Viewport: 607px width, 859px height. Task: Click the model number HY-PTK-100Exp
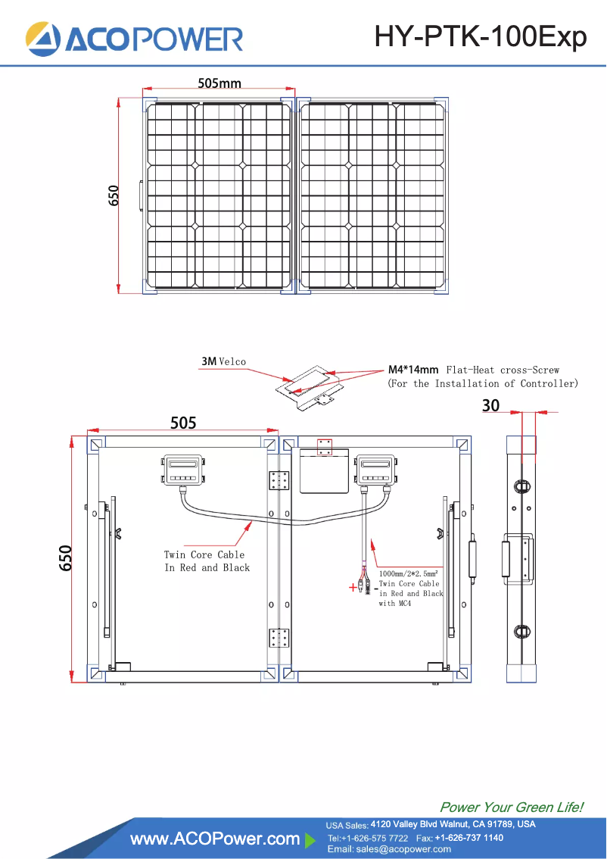pos(481,36)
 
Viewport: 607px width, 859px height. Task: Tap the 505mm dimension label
pos(219,83)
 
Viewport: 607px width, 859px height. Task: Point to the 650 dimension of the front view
pos(114,195)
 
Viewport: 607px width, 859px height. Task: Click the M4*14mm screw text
pos(413,370)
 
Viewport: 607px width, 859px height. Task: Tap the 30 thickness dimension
pos(491,406)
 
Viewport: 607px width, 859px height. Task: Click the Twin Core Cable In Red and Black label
pos(206,561)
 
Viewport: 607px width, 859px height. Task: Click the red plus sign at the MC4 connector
pos(352,587)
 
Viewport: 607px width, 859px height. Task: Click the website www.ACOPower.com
pos(215,839)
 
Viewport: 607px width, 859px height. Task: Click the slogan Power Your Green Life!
pos(511,807)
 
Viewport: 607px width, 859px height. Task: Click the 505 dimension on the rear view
pos(183,423)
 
